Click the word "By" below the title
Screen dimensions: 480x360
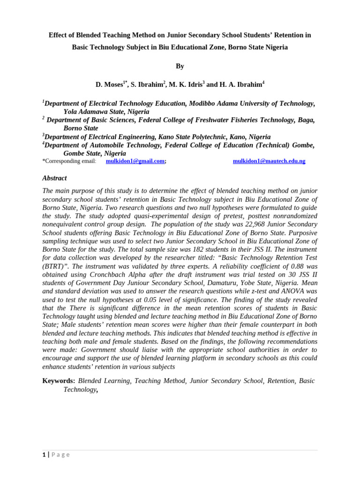coord(180,66)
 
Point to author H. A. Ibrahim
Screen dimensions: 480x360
coord(241,85)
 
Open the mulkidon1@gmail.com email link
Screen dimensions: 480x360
coord(135,161)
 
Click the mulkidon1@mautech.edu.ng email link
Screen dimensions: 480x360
coord(269,161)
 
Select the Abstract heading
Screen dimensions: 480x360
coord(54,178)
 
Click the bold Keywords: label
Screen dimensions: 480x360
coord(59,381)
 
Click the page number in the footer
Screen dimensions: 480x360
coord(44,455)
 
